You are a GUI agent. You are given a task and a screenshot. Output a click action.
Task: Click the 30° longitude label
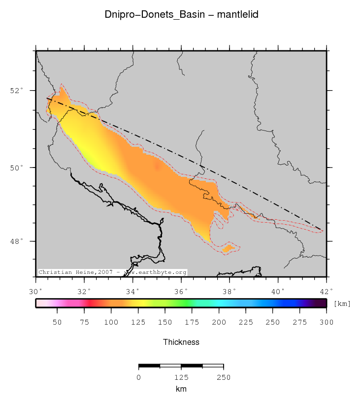click(x=36, y=291)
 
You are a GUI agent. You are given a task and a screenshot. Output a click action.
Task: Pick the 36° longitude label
click(x=182, y=291)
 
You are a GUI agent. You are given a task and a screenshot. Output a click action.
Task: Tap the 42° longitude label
click(x=327, y=291)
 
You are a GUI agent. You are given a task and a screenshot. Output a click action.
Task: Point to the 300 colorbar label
click(x=326, y=323)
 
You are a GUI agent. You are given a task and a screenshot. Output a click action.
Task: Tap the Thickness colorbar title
click(x=181, y=342)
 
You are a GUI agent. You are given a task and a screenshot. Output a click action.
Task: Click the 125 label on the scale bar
click(x=181, y=378)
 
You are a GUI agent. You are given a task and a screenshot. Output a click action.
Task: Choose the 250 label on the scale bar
click(x=224, y=378)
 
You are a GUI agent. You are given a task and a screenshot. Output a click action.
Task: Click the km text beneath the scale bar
click(x=181, y=389)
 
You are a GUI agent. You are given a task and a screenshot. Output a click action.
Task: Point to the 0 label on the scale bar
click(x=139, y=378)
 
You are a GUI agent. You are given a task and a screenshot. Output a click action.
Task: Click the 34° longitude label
click(x=133, y=291)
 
